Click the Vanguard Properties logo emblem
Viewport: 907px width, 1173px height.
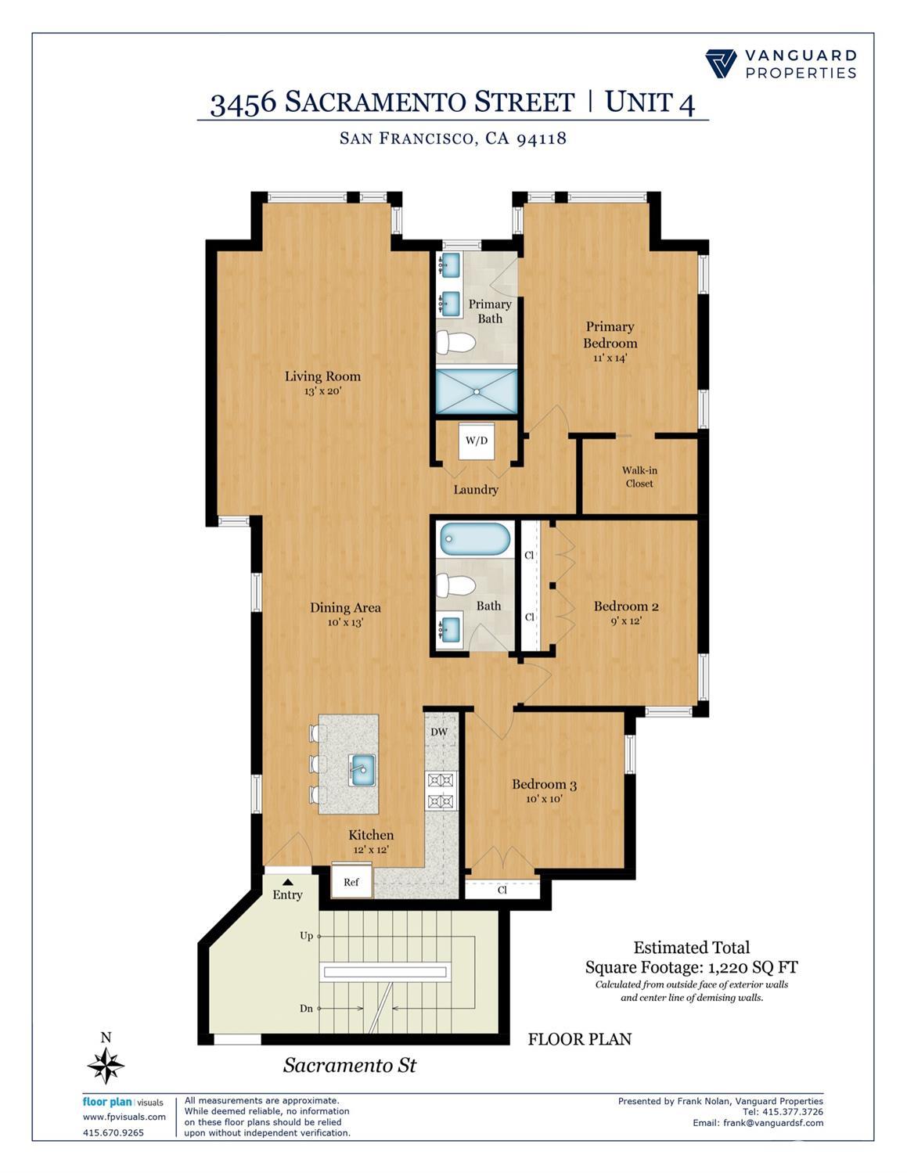[x=721, y=63]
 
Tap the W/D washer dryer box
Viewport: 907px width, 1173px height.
[x=477, y=441]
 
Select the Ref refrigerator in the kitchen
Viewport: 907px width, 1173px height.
[x=351, y=882]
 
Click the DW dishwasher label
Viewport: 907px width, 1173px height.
[x=439, y=732]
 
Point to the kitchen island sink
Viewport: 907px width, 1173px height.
[x=362, y=770]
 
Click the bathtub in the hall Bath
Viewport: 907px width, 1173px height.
[x=475, y=540]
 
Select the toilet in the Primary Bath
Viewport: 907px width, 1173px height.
[x=455, y=343]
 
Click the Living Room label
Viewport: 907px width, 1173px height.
[x=322, y=376]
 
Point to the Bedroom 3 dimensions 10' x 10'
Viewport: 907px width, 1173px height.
[x=544, y=799]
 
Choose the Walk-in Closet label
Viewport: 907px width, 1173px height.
[x=639, y=477]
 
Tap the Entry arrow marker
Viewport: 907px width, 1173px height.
[x=287, y=882]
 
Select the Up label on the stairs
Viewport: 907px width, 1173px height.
[x=306, y=935]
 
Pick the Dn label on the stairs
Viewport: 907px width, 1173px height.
[x=306, y=1009]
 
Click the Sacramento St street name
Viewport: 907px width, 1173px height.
[x=350, y=1065]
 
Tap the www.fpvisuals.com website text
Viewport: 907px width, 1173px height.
[x=124, y=1117]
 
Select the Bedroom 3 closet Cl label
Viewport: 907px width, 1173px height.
[x=502, y=891]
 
